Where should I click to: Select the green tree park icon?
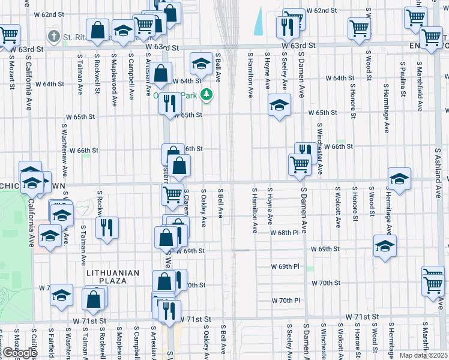206,95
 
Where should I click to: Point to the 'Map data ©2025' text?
424,355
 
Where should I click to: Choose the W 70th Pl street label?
286,300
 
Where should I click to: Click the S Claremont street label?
187,203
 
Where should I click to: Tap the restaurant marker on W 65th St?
170,103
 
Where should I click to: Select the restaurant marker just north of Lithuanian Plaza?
107,228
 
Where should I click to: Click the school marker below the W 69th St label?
385,246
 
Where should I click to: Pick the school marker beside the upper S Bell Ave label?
201,64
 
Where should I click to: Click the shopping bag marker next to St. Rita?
97,30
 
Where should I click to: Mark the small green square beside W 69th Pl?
310,269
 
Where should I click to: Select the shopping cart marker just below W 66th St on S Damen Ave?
300,164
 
